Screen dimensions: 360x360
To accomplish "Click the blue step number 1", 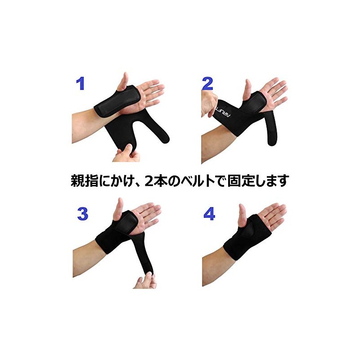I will coord(80,84).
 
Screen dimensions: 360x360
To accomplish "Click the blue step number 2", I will coord(207,84).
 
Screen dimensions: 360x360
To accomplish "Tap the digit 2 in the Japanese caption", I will coord(157,181).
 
